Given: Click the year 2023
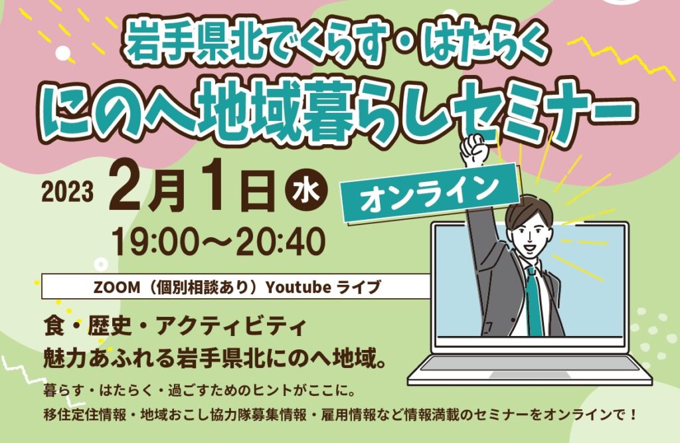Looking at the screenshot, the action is [x=68, y=191].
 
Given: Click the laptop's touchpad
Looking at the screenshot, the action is [x=530, y=375].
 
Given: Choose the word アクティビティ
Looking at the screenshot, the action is [x=231, y=326].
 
